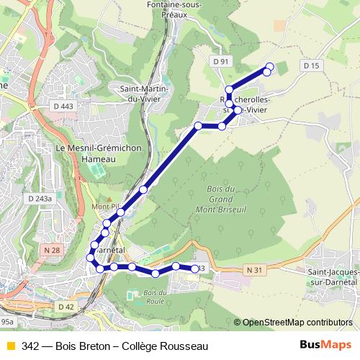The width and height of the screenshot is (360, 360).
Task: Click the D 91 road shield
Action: (221, 62)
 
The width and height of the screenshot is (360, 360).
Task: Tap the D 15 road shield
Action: (311, 66)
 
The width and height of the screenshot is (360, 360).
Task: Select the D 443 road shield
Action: (63, 107)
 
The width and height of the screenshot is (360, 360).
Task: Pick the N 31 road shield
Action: (251, 269)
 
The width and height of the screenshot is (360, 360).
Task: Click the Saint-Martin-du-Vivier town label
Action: (145, 95)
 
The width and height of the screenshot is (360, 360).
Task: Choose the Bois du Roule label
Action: (140, 295)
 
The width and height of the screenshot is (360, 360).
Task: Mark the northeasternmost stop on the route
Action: (269, 67)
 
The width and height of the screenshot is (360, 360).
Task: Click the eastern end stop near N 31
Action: (194, 269)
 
